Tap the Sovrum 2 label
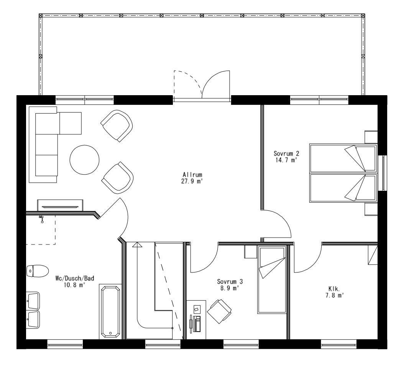point(284,154)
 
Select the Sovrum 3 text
point(230,281)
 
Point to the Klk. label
point(333,288)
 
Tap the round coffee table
point(84,160)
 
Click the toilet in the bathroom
point(37,270)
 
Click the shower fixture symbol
point(41,219)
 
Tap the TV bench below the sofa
point(60,205)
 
